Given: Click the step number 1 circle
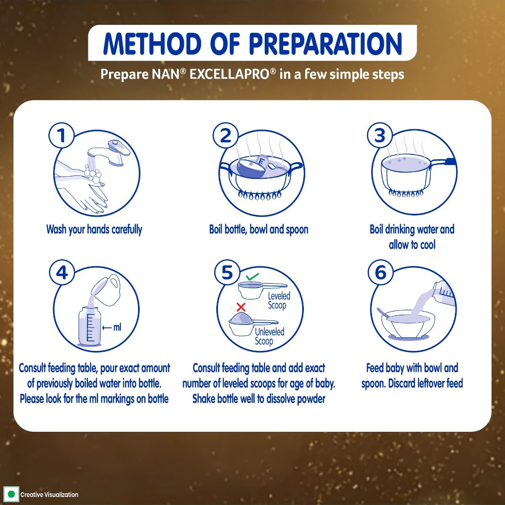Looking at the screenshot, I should click(x=61, y=136).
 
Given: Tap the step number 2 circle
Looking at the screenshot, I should click(x=226, y=136).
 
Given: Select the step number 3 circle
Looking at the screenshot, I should click(x=380, y=136).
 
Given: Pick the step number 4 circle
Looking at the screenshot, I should click(x=62, y=273).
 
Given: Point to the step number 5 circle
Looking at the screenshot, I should click(x=227, y=273).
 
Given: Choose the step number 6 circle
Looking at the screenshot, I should click(x=380, y=273).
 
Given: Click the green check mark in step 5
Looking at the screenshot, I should click(x=252, y=276).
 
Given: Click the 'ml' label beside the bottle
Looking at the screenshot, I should click(x=117, y=327).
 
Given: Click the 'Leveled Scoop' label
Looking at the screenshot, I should click(x=279, y=300).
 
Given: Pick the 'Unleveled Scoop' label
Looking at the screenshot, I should click(x=269, y=336).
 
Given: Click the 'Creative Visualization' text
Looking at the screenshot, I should click(x=49, y=495).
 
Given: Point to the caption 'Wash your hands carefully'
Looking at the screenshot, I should click(x=94, y=229).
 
